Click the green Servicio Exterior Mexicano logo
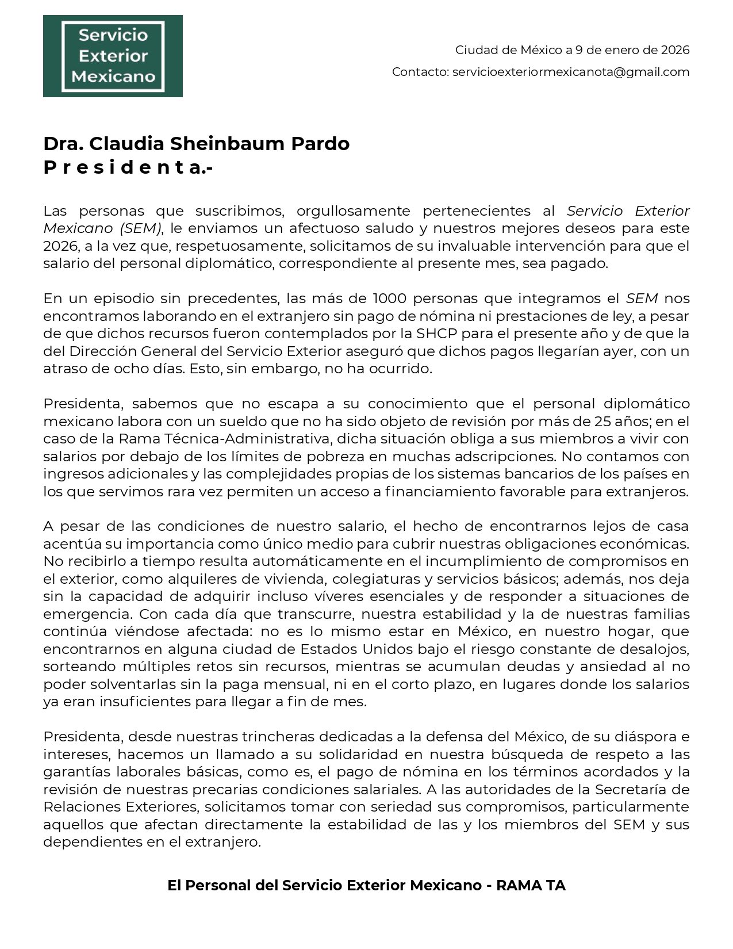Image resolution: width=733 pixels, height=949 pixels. tap(113, 56)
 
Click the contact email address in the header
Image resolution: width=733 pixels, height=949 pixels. tap(571, 72)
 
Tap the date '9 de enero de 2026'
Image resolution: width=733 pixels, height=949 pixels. tap(632, 50)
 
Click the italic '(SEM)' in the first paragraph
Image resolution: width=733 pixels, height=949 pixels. tap(141, 228)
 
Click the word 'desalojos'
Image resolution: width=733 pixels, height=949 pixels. tap(659, 649)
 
